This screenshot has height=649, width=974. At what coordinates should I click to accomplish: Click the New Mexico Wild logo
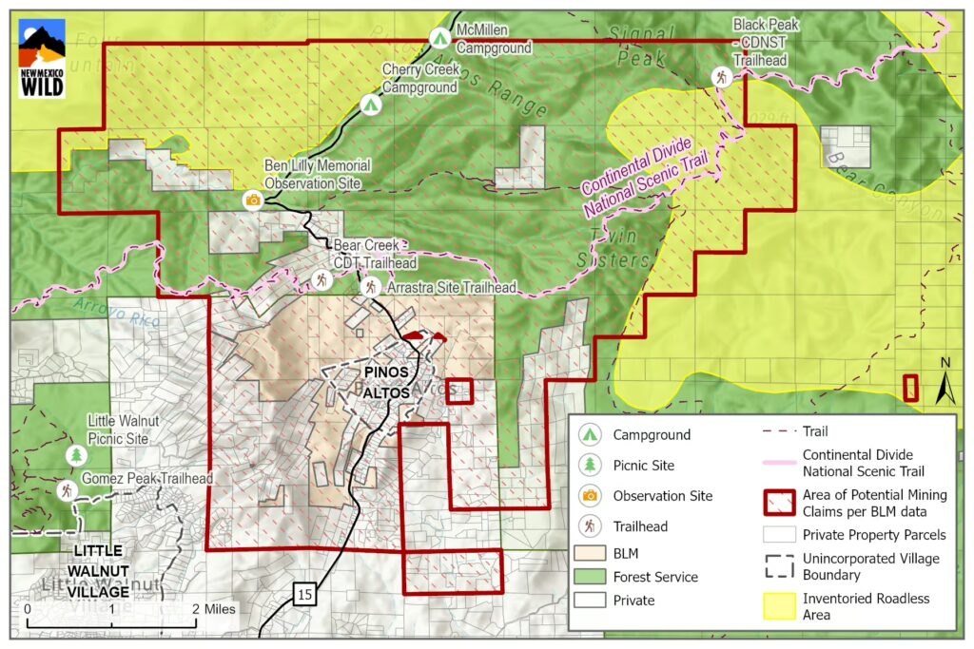point(42,57)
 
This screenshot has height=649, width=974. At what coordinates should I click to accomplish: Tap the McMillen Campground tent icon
point(438,38)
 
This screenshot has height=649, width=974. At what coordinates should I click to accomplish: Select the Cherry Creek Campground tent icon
point(369,105)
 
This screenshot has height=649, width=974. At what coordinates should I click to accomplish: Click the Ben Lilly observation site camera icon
point(253,200)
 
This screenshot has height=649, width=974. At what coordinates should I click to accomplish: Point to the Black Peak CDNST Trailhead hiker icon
point(722,77)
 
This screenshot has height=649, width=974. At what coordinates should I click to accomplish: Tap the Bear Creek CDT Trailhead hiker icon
point(322,279)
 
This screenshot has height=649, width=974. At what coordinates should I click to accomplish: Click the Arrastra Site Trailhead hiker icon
point(370,286)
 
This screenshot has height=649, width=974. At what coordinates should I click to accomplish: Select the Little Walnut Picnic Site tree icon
point(75,455)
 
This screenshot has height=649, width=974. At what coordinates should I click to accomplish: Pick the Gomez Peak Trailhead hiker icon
point(67,490)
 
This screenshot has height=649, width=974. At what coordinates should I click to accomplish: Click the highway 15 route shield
point(303,595)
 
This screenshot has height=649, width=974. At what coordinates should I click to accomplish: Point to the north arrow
point(945,380)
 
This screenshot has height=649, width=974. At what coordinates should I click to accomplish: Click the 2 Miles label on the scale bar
point(214,608)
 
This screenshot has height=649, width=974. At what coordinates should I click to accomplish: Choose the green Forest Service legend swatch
point(591,577)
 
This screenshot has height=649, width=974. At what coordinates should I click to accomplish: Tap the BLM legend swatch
point(591,551)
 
